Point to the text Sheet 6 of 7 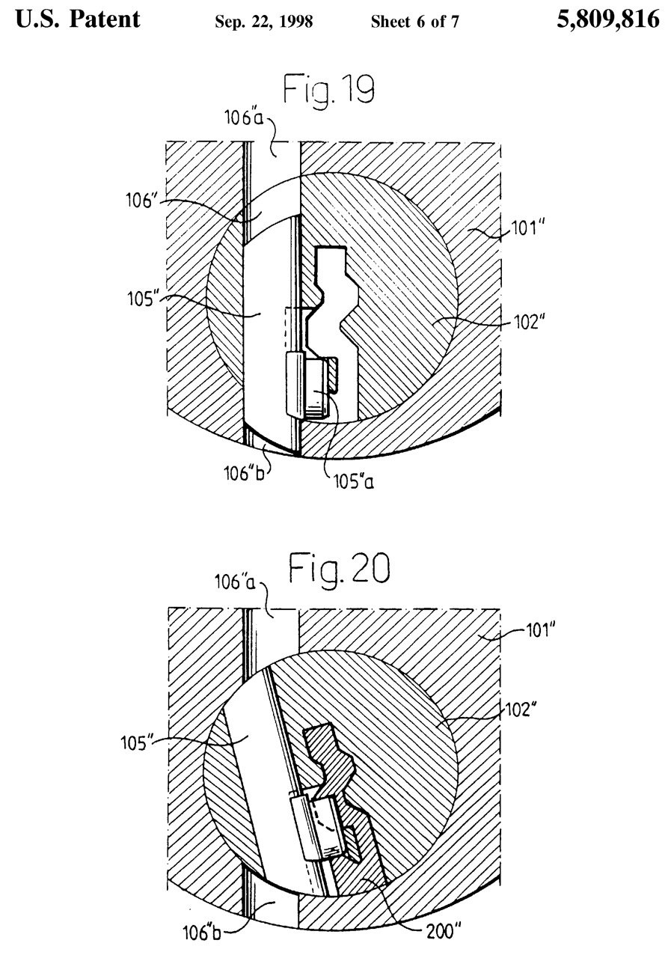[x=414, y=21]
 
